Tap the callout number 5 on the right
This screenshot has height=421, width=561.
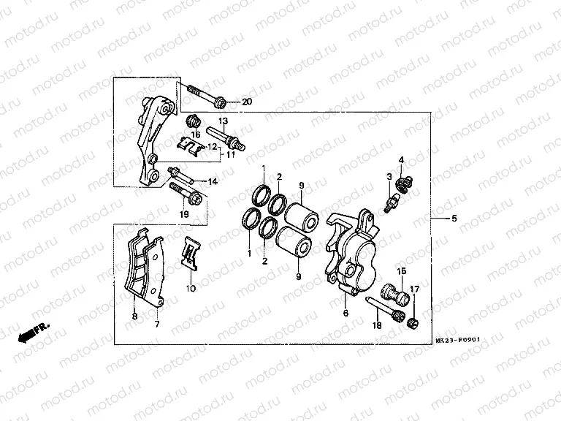454,219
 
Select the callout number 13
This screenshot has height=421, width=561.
223,120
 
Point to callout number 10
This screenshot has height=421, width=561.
191,289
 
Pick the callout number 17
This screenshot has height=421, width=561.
415,289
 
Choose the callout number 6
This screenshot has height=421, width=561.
346,313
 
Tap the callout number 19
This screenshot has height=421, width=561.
184,214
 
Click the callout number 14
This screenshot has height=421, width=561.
213,181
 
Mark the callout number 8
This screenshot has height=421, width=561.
134,317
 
